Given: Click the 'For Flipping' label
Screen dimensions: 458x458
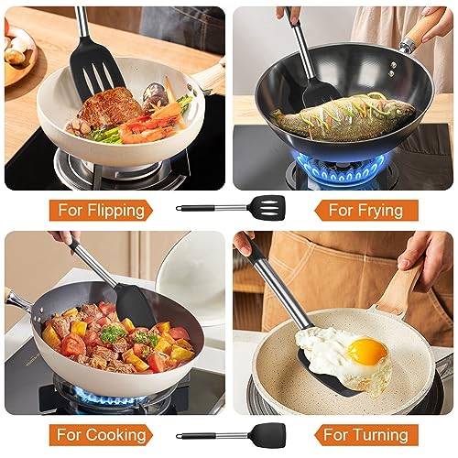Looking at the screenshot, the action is point(101,211).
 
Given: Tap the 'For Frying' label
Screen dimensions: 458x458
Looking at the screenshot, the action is point(365,211).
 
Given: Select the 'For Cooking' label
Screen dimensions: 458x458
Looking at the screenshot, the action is point(101,435).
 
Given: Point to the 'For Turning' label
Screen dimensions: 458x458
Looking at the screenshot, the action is point(365,435).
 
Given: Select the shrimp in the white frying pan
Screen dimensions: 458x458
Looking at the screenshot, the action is point(145,128).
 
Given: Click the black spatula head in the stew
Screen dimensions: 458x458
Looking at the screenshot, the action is point(135,304).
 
